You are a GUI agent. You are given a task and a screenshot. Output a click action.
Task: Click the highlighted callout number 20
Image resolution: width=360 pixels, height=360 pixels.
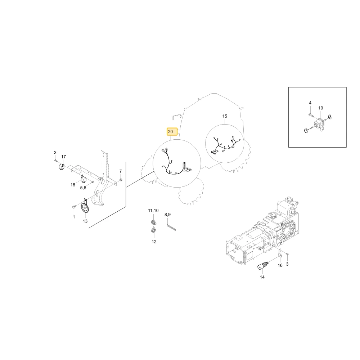coord(170,131)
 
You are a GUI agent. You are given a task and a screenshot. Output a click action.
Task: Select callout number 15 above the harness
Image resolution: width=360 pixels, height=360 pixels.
coord(225,116)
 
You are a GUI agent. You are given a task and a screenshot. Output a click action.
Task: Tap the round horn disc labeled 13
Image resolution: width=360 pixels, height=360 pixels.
coord(85,208)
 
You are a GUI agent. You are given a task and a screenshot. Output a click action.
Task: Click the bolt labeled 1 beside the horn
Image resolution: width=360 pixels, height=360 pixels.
coord(74,207)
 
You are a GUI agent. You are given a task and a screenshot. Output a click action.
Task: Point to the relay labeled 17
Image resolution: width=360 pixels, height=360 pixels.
coord(62,166)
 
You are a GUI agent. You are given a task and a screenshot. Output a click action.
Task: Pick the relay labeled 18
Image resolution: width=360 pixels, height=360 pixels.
coord(83,178)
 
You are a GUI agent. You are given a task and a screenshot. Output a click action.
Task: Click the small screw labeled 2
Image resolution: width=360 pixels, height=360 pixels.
coord(55,161)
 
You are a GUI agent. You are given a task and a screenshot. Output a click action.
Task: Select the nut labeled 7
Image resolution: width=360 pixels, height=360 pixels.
coord(121,180)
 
